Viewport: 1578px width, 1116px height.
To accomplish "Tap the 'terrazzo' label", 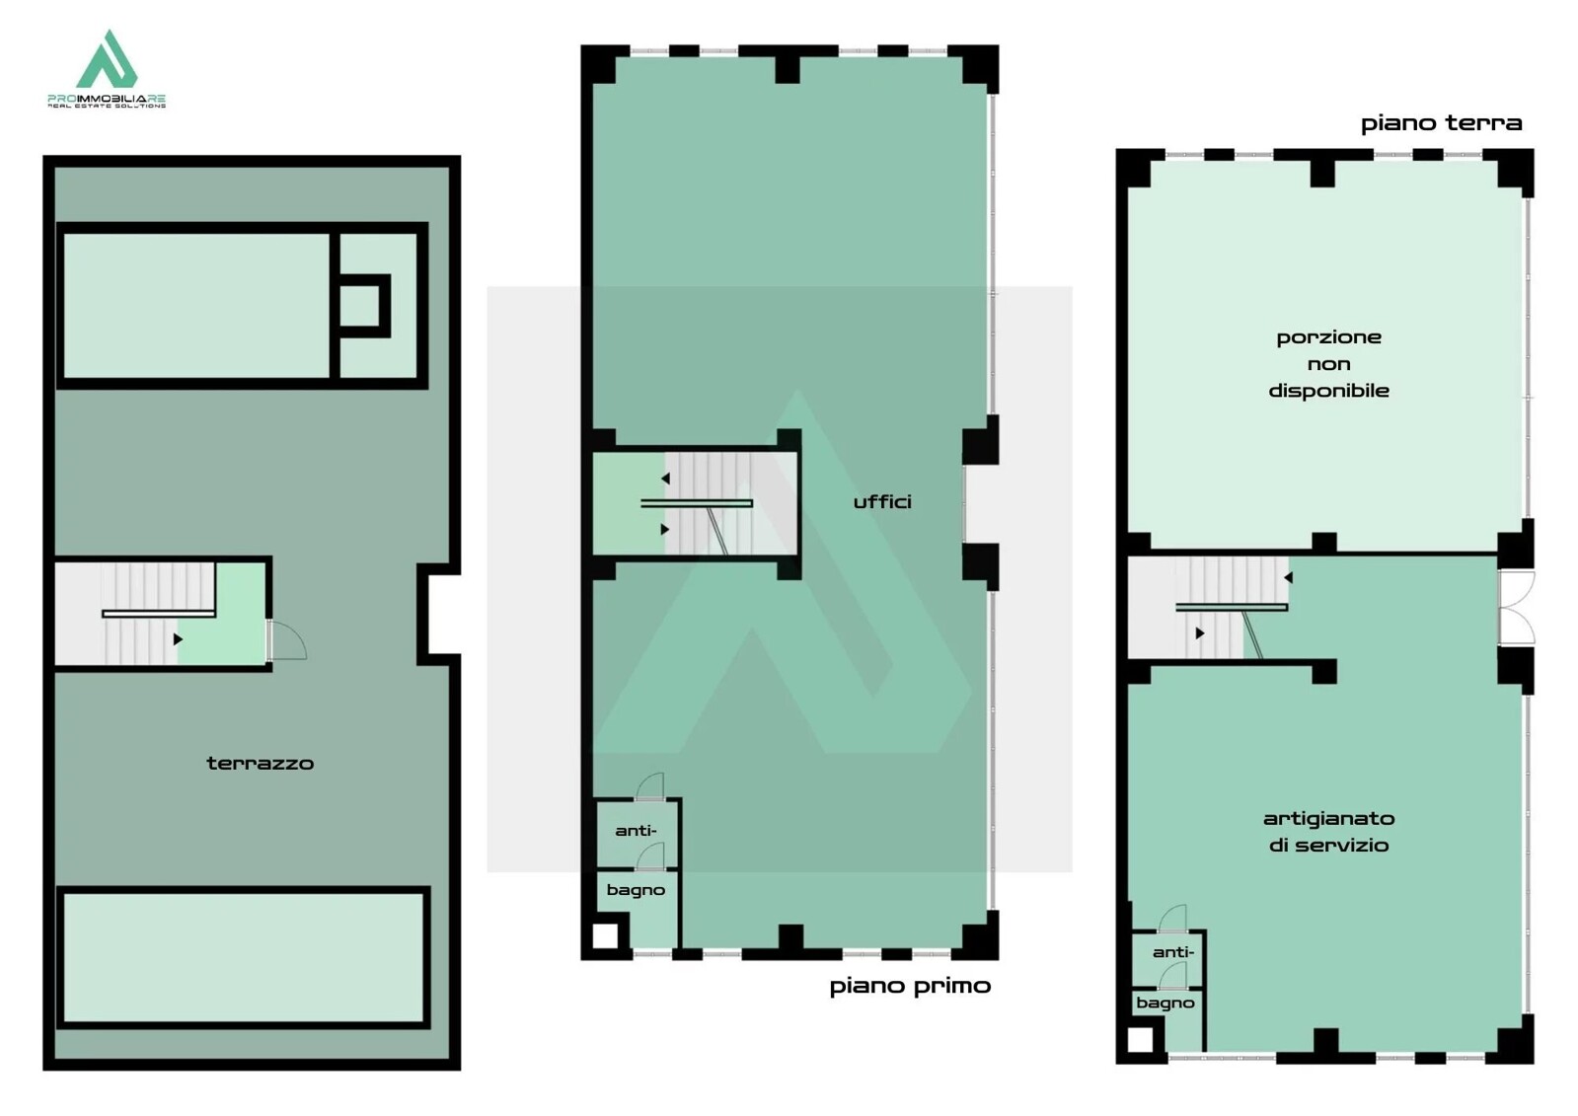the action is click(x=260, y=763).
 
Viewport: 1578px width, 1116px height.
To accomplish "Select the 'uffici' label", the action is click(x=882, y=501).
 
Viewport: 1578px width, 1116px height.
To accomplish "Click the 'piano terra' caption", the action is click(x=1442, y=123).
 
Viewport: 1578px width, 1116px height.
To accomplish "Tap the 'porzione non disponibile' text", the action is click(x=1328, y=363).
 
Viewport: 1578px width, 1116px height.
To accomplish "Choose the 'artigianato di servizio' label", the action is click(x=1328, y=832).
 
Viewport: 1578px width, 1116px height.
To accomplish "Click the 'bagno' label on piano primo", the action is click(x=636, y=891).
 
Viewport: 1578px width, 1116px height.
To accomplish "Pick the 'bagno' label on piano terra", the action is click(x=1165, y=1004).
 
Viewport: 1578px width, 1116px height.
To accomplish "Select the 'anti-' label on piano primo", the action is click(x=636, y=831).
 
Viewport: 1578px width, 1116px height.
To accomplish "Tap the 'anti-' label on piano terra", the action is click(x=1173, y=952).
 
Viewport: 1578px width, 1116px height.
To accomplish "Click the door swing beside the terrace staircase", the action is click(x=289, y=639).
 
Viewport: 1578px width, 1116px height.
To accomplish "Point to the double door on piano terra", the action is click(x=1516, y=608).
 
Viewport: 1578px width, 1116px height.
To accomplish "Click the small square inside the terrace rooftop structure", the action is click(x=361, y=306).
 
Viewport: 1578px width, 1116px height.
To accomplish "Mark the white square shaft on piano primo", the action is click(x=604, y=936).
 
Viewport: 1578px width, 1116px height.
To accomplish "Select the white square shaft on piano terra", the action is click(x=1140, y=1040).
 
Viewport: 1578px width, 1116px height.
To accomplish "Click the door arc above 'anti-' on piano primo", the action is click(x=650, y=785).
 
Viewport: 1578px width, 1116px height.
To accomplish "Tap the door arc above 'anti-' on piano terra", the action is click(x=1173, y=918).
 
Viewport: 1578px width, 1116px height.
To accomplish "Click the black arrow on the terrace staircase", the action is click(x=178, y=639).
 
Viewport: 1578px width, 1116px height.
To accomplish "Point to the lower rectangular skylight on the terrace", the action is click(x=243, y=957).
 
